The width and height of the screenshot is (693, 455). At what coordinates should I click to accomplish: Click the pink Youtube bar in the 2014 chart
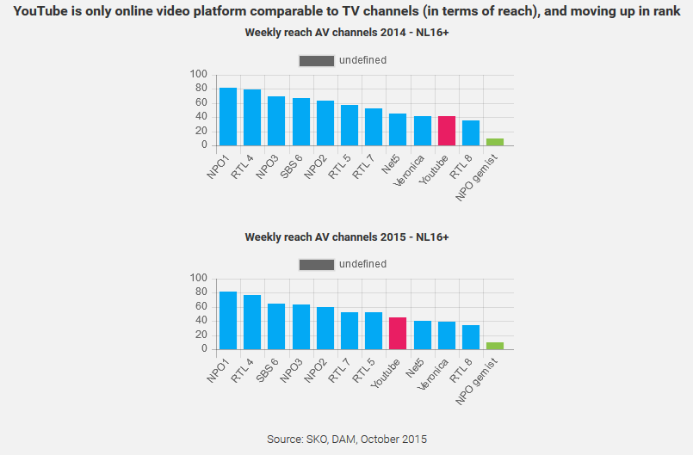point(446,131)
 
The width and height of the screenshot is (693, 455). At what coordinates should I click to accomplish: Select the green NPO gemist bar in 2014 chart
point(495,142)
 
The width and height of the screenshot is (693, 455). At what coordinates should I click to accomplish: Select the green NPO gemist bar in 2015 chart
point(495,346)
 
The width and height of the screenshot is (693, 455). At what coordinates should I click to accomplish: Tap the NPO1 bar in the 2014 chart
point(228,117)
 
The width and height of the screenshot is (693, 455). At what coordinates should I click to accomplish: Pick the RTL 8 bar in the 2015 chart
point(471,337)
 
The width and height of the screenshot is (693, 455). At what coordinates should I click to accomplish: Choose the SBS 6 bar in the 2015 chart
point(276,327)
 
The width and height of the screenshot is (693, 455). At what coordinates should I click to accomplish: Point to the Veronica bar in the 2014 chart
point(422,131)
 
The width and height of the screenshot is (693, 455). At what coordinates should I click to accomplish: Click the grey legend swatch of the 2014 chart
point(316,60)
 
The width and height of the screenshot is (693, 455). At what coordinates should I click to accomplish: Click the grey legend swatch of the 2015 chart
point(316,264)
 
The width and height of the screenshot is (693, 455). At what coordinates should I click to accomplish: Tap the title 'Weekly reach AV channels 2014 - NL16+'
point(346,33)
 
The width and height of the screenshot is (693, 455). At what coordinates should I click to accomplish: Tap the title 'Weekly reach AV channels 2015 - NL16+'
point(346,237)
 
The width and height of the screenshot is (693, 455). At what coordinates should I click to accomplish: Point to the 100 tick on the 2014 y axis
point(200,74)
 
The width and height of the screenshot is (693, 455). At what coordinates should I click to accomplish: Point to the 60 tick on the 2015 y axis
point(202,306)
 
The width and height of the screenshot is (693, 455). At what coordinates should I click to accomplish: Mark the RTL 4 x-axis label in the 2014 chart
point(243,164)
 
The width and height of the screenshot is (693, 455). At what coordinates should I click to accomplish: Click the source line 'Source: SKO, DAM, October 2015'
point(346,439)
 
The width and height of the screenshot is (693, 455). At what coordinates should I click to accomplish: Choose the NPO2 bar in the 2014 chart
point(325,123)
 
